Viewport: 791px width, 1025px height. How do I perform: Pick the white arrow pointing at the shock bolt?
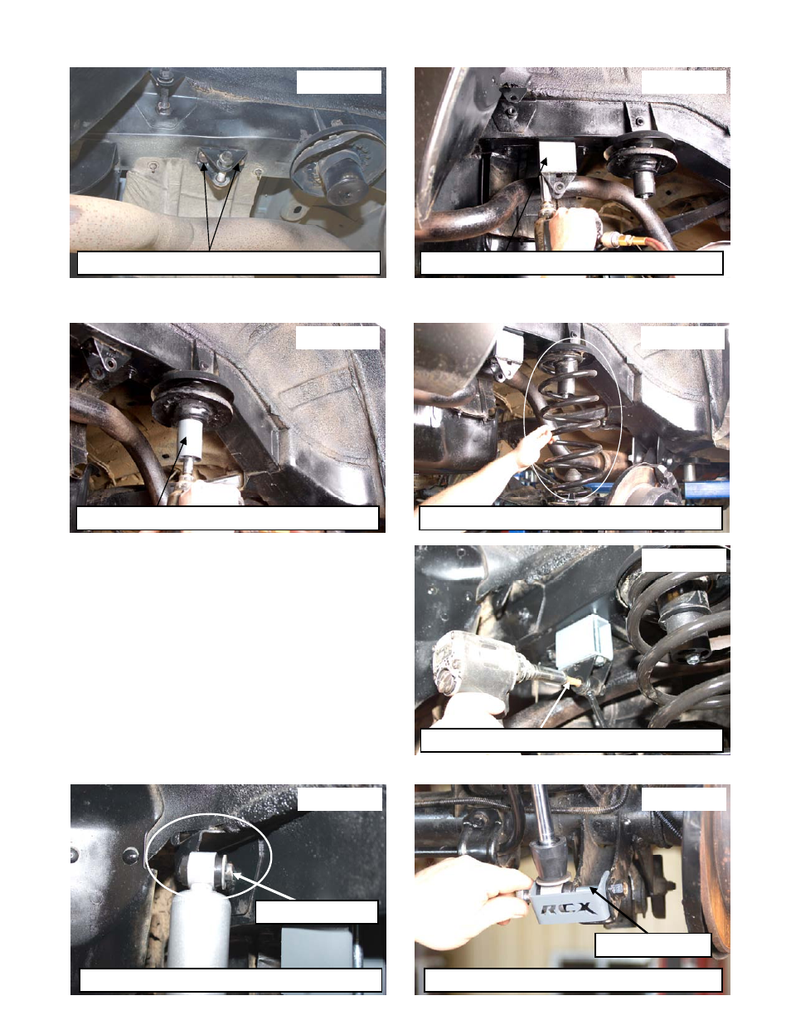pyautogui.click(x=263, y=886)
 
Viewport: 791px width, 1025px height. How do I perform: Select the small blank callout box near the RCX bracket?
pyautogui.click(x=653, y=944)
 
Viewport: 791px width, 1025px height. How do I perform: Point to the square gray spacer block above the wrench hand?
pyautogui.click(x=558, y=157)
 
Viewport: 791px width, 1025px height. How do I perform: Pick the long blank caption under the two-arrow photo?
pyautogui.click(x=229, y=263)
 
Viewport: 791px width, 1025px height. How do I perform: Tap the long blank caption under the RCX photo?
pyautogui.click(x=573, y=980)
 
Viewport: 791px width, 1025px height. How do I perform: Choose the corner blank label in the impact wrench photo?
pyautogui.click(x=683, y=560)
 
